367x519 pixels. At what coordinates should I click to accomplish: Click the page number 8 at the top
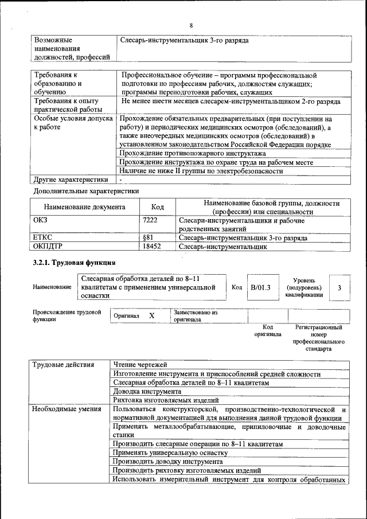191,25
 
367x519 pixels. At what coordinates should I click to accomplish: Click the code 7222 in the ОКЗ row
150,220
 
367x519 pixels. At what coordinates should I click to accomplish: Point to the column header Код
157,208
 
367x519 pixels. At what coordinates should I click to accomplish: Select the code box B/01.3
260,287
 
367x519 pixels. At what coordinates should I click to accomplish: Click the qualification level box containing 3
340,287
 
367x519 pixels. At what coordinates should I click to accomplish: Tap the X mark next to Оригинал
151,316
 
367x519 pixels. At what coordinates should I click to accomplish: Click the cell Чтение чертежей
140,365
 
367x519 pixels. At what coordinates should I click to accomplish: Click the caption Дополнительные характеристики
86,191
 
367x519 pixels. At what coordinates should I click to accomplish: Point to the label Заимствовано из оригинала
195,316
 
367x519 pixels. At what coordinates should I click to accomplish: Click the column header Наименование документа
84,208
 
